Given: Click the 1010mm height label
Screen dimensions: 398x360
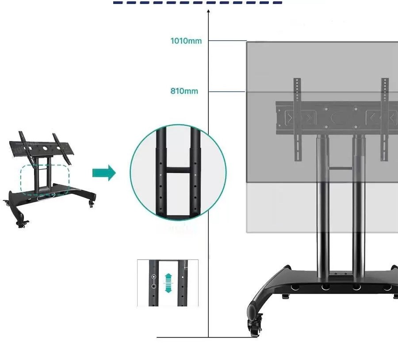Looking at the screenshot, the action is (186, 41).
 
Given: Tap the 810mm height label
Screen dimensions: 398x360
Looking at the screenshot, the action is (184, 91).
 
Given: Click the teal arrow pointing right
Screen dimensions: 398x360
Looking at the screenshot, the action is (104, 173).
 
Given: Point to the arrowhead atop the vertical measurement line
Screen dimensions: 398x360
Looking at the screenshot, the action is (208, 11).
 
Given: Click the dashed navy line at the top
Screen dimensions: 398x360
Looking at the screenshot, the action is (198, 3).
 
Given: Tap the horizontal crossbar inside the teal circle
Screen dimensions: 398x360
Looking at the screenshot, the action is (178, 170).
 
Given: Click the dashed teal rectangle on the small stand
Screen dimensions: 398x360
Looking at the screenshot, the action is (45, 180).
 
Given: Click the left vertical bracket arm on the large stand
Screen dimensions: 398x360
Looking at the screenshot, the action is (298, 119).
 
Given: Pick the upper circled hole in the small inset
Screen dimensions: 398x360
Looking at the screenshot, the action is (153, 277).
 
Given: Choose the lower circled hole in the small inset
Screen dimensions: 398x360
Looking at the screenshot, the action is (153, 287).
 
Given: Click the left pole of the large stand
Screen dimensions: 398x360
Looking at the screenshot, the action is (323, 206).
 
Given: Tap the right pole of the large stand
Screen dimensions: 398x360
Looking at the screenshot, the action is (359, 206).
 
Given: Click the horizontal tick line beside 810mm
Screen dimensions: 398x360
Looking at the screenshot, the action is (227, 92).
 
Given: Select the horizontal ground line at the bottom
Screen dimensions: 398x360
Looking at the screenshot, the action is (207, 337).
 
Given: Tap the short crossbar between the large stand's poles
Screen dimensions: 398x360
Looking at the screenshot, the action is (341, 168).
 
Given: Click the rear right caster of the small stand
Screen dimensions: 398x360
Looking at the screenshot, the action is (92, 203).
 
